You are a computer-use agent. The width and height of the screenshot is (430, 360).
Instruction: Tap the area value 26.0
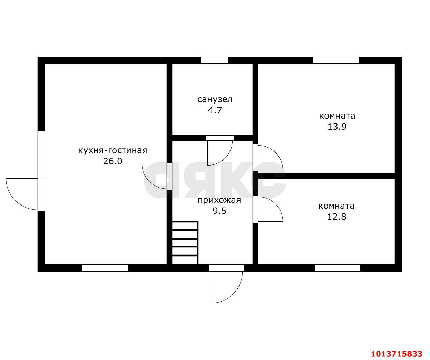113,161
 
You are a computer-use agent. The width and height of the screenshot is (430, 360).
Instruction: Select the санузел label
215,99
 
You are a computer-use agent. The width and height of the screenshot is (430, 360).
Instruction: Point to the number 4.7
215,110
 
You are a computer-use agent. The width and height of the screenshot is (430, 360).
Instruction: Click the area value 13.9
337,127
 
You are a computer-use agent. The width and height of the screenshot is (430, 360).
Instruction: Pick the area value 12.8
337,217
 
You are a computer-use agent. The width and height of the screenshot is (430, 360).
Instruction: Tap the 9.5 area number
219,211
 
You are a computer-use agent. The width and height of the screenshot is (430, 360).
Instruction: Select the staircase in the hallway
185,243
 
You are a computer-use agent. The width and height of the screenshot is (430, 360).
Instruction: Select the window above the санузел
214,60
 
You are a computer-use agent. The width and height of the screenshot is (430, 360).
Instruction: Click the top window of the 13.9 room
336,60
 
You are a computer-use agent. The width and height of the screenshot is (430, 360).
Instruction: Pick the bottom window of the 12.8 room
337,268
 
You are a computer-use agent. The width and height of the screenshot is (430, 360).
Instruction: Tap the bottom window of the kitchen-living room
105,268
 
